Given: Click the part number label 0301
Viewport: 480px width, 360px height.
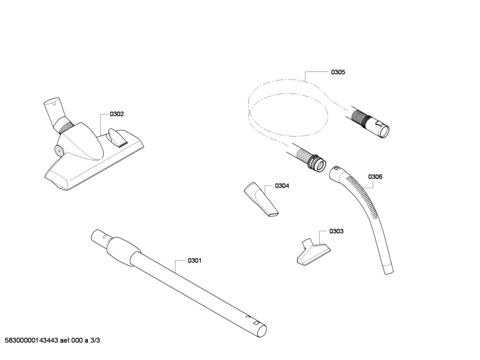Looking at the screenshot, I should click(x=194, y=261).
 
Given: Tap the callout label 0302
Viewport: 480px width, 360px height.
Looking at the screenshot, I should click(x=116, y=114).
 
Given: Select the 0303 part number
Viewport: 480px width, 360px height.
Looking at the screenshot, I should click(x=336, y=231).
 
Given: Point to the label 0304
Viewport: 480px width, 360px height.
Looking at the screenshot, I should click(x=282, y=185).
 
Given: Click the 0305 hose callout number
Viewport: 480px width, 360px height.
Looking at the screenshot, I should click(x=338, y=73).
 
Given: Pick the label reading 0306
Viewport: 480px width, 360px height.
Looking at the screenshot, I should click(x=375, y=176).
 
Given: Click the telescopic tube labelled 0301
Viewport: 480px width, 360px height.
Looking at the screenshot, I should click(x=187, y=283).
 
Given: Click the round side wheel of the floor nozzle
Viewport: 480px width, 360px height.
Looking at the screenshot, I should click(x=59, y=150).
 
